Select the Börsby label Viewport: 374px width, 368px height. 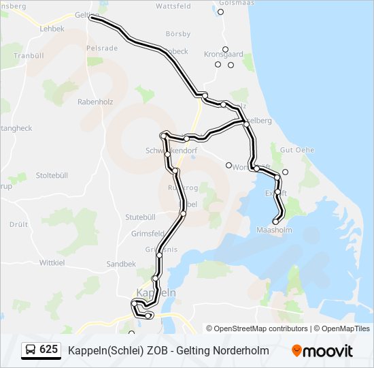tap(178, 33)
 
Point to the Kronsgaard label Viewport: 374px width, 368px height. tap(224, 54)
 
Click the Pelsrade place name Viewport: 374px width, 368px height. tap(103, 49)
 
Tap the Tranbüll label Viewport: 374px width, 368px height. tap(28, 55)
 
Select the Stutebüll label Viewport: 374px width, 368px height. tap(141, 217)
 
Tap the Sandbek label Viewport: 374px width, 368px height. tap(121, 264)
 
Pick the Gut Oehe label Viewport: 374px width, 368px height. tap(296, 149)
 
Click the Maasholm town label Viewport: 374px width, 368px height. tap(274, 230)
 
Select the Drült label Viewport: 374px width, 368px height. tap(18, 224)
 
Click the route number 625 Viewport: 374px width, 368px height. tap(48, 350)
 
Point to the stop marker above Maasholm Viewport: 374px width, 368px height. tap(276, 221)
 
